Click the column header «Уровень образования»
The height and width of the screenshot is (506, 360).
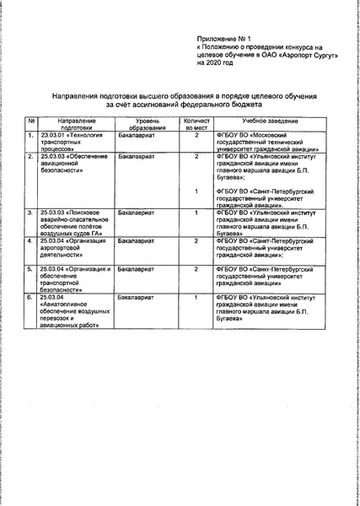[x=143, y=125]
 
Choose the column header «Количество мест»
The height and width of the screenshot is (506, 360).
[x=196, y=125]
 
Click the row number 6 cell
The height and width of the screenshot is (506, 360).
[x=30, y=298]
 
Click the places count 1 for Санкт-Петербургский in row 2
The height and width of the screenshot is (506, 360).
[x=196, y=191]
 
